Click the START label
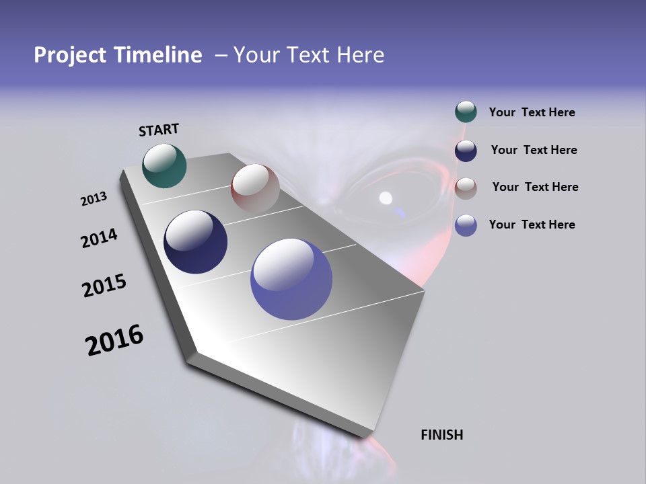[159, 130]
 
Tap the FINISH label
[441, 435]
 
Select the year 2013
[94, 199]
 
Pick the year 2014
[99, 238]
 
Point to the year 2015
[104, 286]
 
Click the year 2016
[114, 340]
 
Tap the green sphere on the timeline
[164, 165]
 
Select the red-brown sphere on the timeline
[254, 188]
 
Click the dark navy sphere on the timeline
[195, 242]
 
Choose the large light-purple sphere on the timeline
[291, 279]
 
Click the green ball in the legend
[466, 112]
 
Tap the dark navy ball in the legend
[466, 151]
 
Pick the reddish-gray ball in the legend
[466, 188]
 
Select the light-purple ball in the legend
[466, 225]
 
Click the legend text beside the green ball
[532, 112]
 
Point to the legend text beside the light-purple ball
[532, 225]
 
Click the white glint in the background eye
[386, 198]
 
